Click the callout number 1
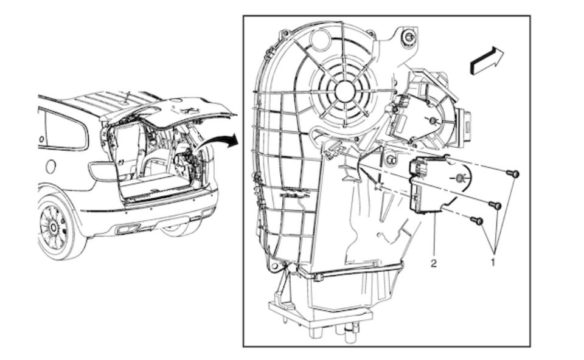click(493, 263)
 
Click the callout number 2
click(434, 263)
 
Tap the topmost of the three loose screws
click(513, 173)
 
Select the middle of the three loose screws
click(495, 205)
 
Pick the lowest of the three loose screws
click(477, 221)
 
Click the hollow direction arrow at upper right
click(487, 60)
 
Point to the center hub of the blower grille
click(345, 91)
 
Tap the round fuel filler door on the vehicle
click(50, 166)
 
